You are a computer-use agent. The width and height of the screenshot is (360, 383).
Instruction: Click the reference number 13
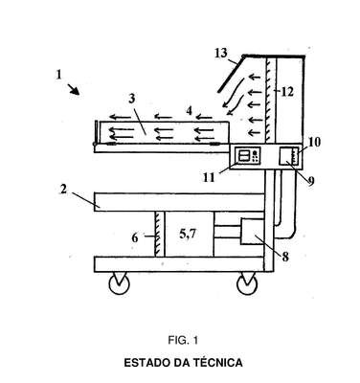point(220,53)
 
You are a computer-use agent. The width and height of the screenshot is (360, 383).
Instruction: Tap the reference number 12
point(287,92)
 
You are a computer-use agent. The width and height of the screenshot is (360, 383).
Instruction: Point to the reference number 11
point(209,177)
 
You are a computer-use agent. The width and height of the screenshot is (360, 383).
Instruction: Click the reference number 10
point(314,142)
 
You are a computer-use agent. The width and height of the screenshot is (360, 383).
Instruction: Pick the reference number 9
point(310,181)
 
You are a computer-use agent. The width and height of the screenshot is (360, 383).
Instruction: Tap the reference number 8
point(285,257)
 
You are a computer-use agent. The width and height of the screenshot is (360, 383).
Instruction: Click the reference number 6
point(135,237)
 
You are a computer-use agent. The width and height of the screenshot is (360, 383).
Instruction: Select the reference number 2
point(63,190)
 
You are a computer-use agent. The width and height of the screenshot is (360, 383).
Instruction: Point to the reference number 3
point(132,99)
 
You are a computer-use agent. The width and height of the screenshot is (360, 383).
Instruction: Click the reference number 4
point(190,111)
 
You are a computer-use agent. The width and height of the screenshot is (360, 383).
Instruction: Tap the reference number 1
point(58,75)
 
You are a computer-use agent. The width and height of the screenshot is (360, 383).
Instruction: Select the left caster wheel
point(119,283)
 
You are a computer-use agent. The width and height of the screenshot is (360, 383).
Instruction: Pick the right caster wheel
point(247,283)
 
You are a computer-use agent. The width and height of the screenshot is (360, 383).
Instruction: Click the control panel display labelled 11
point(248,156)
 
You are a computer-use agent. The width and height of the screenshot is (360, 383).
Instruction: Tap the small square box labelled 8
point(253,232)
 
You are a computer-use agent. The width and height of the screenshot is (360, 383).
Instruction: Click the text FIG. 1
point(183,340)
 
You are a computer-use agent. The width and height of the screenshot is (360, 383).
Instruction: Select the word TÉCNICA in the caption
point(217,363)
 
